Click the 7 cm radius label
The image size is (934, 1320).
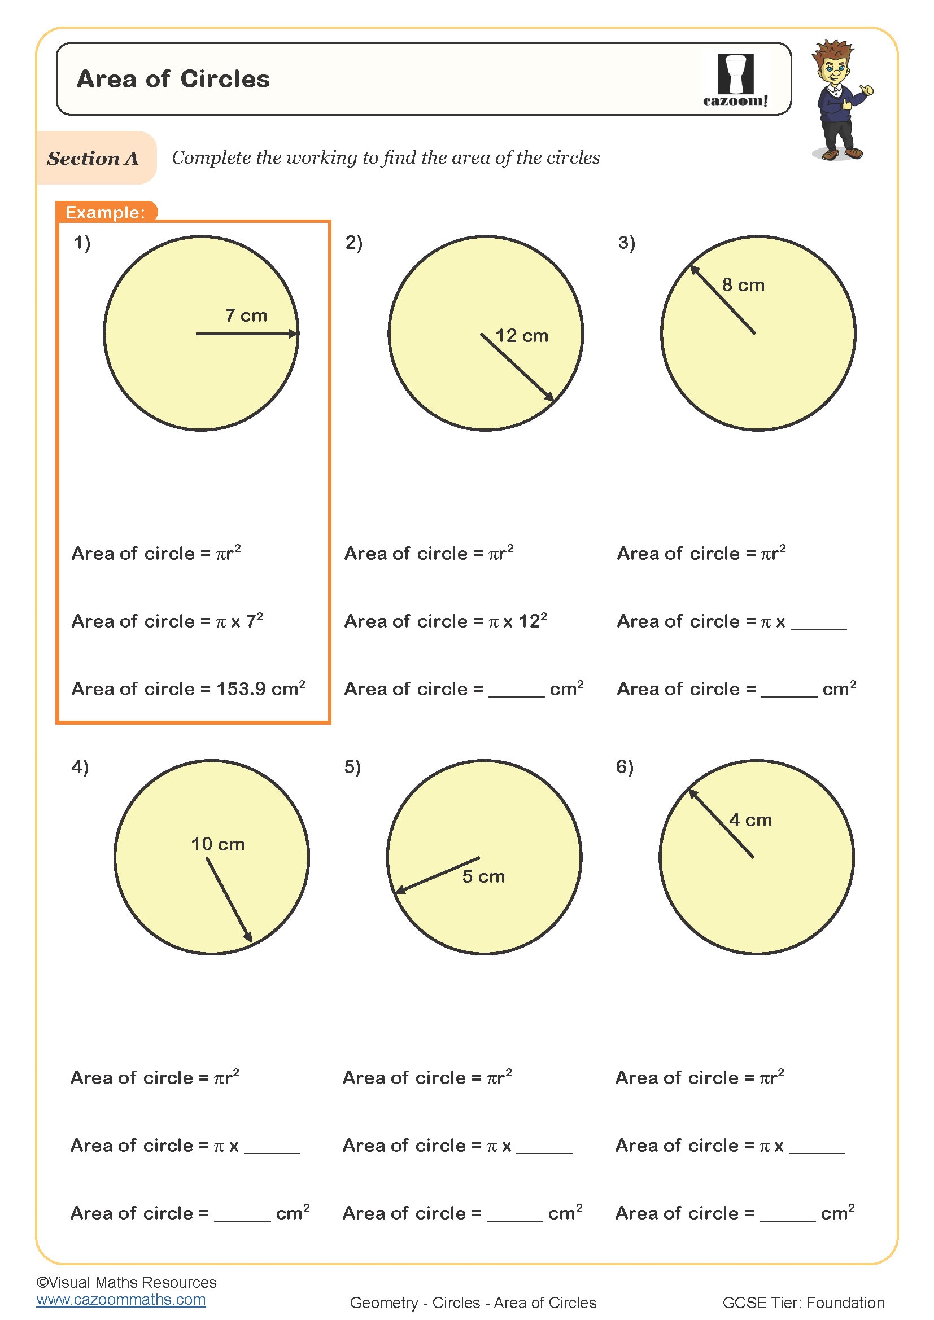246,315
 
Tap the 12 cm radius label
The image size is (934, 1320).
522,336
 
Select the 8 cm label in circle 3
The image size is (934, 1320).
743,285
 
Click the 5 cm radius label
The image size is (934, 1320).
483,877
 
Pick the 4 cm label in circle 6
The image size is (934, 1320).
750,821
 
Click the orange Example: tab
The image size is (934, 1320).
106,212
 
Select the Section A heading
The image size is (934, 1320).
93,158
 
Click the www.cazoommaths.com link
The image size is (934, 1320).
121,1300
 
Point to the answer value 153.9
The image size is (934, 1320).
241,689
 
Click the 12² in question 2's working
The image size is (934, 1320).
533,621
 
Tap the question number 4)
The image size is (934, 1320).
80,768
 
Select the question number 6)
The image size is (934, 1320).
625,768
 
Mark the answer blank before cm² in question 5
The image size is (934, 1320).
514,1214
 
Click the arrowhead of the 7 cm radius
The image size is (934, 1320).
293,334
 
